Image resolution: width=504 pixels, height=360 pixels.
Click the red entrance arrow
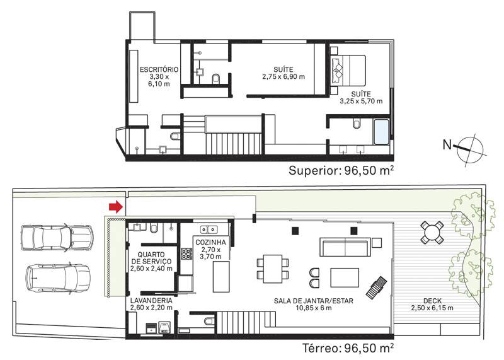pyautogui.click(x=116, y=207)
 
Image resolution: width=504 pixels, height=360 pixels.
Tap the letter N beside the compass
pyautogui.click(x=447, y=145)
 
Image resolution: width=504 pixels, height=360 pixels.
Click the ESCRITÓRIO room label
pyautogui.click(x=159, y=69)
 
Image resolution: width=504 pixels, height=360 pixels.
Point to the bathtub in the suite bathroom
pyautogui.click(x=382, y=132)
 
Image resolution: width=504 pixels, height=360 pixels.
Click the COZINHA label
pyautogui.click(x=210, y=242)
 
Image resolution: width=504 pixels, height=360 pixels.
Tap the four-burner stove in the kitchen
pyautogui.click(x=186, y=253)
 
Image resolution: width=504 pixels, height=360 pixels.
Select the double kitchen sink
pyautogui.click(x=209, y=229)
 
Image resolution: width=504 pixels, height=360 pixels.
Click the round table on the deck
pyautogui.click(x=432, y=232)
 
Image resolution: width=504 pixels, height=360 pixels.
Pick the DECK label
pyautogui.click(x=432, y=301)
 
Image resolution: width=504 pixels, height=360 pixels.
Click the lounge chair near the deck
pyautogui.click(x=376, y=287)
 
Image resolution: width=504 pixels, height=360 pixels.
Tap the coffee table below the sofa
pyautogui.click(x=345, y=277)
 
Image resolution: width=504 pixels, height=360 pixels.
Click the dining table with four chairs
pyautogui.click(x=273, y=269)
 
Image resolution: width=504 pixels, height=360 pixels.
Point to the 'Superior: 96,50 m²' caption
pyautogui.click(x=341, y=170)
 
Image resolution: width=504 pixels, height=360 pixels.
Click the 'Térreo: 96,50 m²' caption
pyautogui.click(x=348, y=348)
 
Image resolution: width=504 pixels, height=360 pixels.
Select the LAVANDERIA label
pyautogui.click(x=151, y=301)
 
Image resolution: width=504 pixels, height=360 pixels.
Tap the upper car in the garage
pyautogui.click(x=57, y=238)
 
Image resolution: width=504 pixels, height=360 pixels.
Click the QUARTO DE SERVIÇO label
pyautogui.click(x=151, y=258)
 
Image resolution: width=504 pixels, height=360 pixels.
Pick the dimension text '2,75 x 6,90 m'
pyautogui.click(x=283, y=77)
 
